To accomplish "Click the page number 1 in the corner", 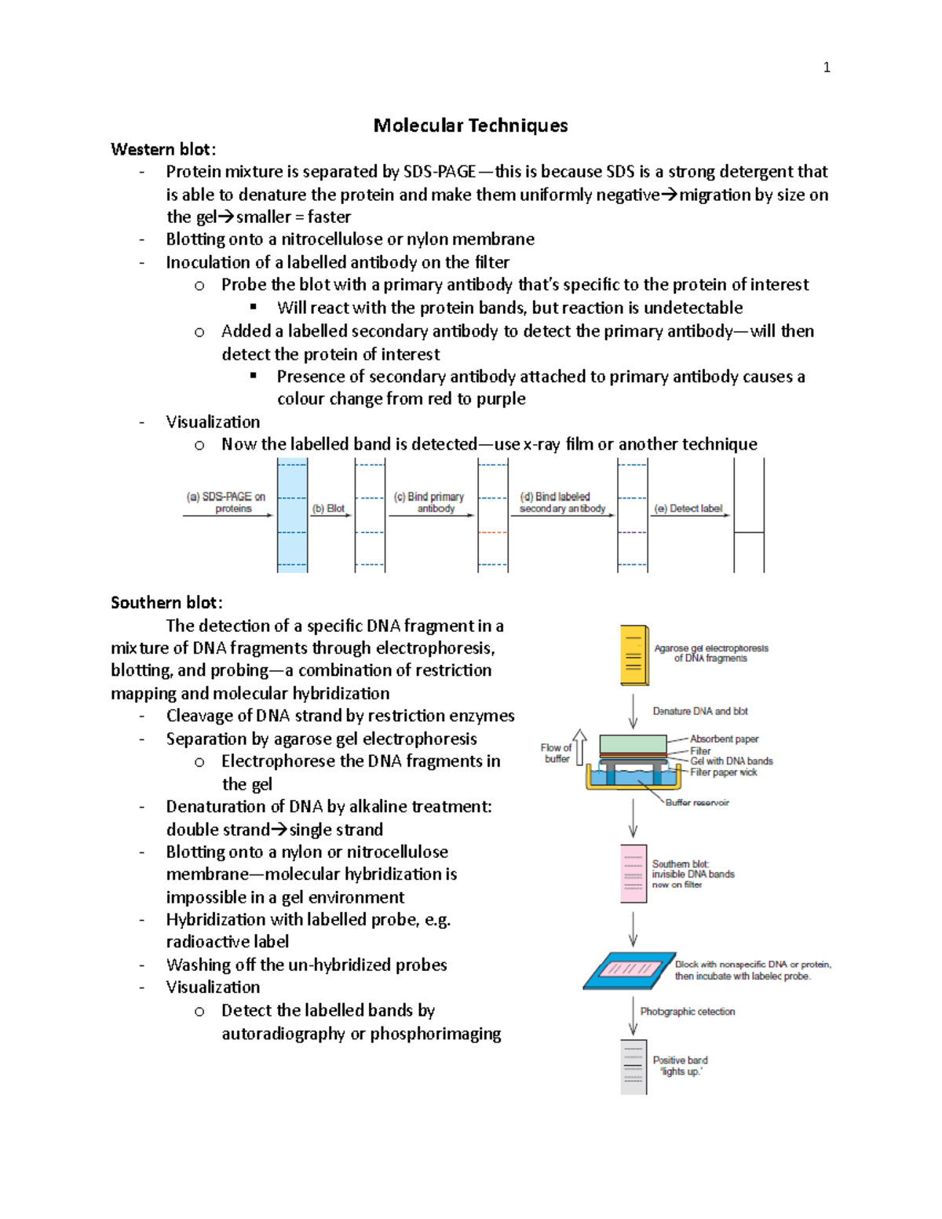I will (x=826, y=68).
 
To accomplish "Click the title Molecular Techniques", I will (x=470, y=126).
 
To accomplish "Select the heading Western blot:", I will (x=163, y=149).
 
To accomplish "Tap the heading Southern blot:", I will (x=166, y=603).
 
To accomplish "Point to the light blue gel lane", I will (x=292, y=516).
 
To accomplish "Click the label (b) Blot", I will (x=328, y=509).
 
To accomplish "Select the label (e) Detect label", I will (x=688, y=509).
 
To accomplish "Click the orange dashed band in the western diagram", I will (x=493, y=532).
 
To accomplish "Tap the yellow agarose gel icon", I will (x=633, y=655).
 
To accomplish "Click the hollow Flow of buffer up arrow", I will (x=579, y=746).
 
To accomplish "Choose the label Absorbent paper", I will (x=724, y=739).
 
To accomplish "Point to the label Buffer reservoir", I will (x=697, y=802).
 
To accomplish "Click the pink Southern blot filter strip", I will (x=633, y=874).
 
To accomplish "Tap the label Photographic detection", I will (x=688, y=1012).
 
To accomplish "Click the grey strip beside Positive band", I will (x=633, y=1067).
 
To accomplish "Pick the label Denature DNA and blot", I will (x=700, y=711).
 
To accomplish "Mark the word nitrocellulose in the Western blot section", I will (x=332, y=239).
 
